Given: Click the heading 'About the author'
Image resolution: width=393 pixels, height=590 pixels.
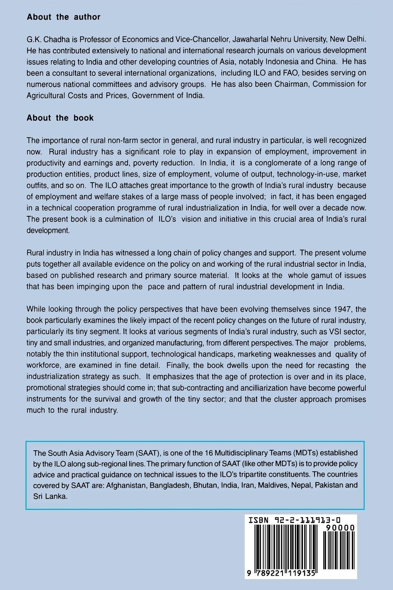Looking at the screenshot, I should click(63, 17).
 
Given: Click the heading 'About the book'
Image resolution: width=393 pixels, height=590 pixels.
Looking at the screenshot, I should click(60, 118).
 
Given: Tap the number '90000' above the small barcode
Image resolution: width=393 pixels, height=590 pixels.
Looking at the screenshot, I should click(339, 528).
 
